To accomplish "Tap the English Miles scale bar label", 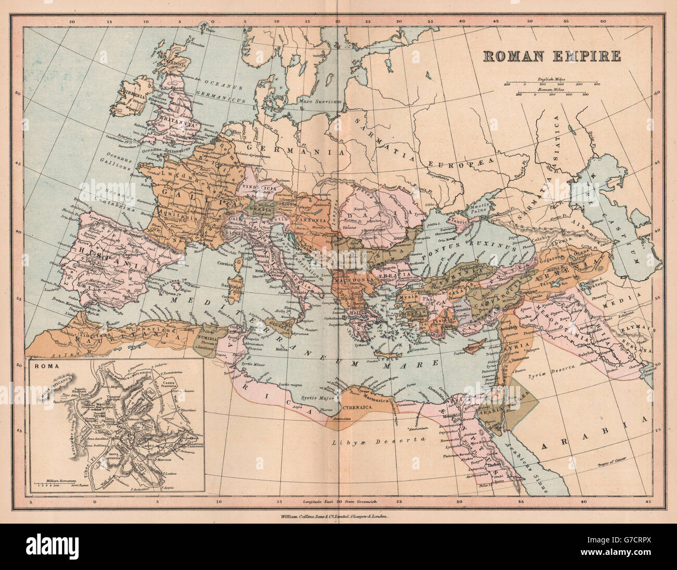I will (553, 78).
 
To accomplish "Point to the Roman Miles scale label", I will (551, 90).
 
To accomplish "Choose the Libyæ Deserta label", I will (369, 442).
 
